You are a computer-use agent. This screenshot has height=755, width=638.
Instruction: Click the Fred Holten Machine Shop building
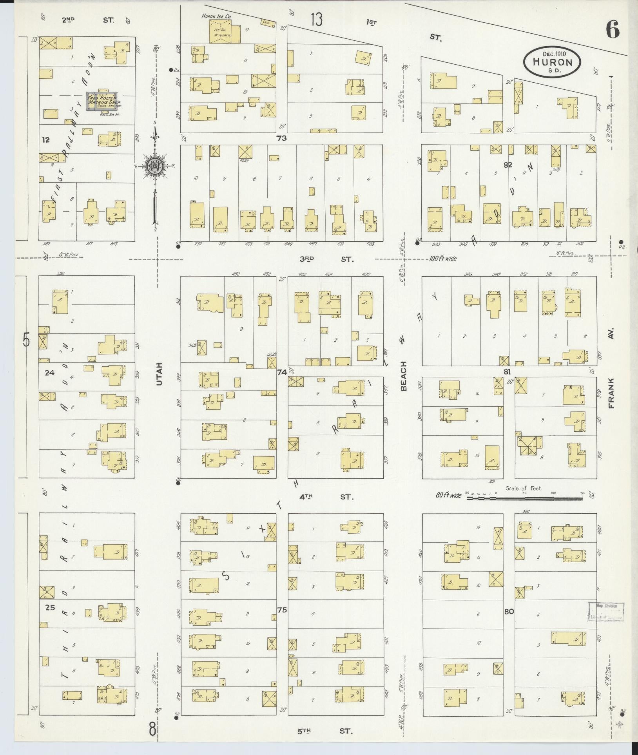point(102,101)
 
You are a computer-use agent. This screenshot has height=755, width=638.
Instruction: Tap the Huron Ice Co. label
point(216,16)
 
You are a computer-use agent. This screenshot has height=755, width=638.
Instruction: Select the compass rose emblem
point(155,165)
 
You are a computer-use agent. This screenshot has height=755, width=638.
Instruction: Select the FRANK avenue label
point(612,394)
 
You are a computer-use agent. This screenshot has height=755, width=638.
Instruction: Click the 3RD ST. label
point(326,259)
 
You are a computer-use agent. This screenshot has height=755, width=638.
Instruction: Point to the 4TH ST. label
point(326,497)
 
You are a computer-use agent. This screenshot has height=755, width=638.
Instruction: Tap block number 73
point(281,138)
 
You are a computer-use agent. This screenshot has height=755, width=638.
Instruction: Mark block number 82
point(508,165)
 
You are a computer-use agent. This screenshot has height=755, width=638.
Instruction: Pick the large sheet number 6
point(613,30)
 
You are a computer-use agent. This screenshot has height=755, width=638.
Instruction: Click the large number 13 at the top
point(317,19)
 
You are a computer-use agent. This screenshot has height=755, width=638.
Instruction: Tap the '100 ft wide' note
point(443,259)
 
